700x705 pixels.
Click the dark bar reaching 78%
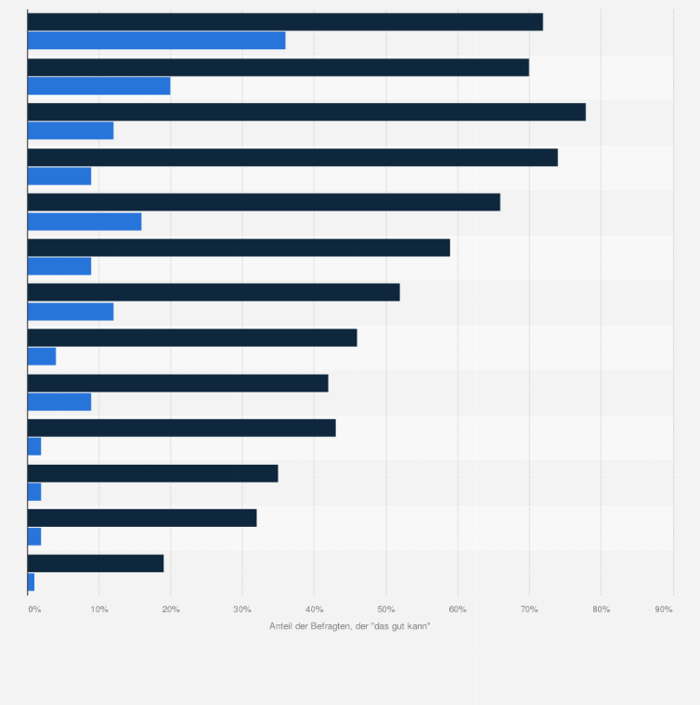click(306, 112)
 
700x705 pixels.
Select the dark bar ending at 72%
click(285, 22)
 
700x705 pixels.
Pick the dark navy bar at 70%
click(279, 67)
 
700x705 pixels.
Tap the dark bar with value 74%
click(292, 158)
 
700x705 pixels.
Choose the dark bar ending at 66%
click(264, 202)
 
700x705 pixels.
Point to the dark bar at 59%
click(239, 248)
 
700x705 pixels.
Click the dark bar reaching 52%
click(214, 292)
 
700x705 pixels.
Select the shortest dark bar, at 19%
click(96, 563)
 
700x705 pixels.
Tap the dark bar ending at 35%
click(153, 473)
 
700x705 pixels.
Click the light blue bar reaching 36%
click(156, 41)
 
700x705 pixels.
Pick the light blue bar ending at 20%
click(99, 86)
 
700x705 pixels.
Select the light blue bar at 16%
click(84, 222)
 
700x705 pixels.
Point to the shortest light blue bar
click(32, 583)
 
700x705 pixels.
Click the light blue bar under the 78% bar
click(71, 131)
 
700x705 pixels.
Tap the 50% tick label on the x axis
click(385, 609)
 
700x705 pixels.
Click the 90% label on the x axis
click(664, 609)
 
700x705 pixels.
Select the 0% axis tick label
click(34, 609)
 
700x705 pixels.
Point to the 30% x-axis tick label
click(242, 609)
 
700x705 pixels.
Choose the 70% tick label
click(529, 609)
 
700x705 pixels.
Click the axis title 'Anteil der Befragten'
click(350, 626)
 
